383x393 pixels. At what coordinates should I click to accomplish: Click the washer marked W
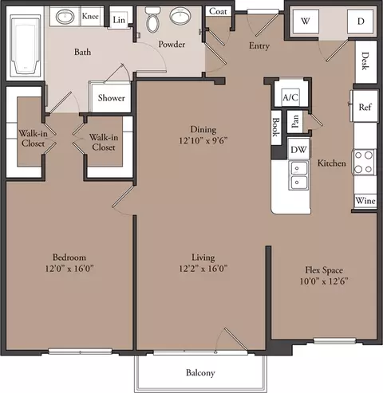click(306, 22)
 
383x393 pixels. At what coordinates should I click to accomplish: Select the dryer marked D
click(361, 22)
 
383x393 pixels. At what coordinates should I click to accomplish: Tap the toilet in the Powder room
click(152, 20)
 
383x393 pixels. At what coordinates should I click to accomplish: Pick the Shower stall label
click(111, 98)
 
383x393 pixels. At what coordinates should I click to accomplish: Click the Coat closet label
click(218, 11)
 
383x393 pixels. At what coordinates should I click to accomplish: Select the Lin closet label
click(119, 20)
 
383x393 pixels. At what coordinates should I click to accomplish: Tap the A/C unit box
click(290, 97)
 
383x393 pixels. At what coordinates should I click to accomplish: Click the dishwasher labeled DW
click(298, 149)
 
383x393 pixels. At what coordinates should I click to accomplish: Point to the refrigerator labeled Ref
click(365, 106)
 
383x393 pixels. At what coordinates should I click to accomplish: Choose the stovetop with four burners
click(364, 162)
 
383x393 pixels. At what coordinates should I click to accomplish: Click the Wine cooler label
click(365, 201)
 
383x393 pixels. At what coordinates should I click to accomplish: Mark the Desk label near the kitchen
click(365, 61)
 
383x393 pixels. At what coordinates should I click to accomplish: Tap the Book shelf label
click(276, 127)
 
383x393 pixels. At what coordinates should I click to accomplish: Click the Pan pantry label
click(295, 121)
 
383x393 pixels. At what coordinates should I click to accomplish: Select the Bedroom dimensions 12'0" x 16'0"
click(69, 269)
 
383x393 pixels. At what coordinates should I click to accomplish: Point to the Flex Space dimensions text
click(324, 281)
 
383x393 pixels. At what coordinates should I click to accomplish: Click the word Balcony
click(200, 373)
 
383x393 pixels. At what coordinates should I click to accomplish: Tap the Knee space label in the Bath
click(90, 16)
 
